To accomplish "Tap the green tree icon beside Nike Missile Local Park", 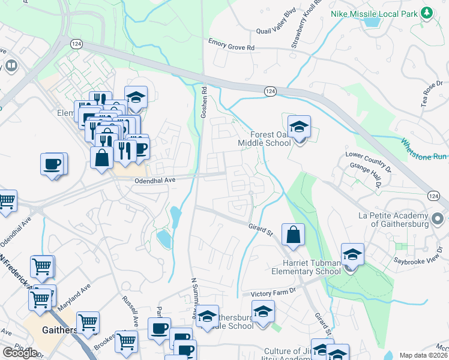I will [x=427, y=12].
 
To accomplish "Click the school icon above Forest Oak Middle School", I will [x=299, y=127].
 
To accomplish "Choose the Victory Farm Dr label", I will [x=274, y=292].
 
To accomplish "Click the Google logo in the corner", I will [x=20, y=352].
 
